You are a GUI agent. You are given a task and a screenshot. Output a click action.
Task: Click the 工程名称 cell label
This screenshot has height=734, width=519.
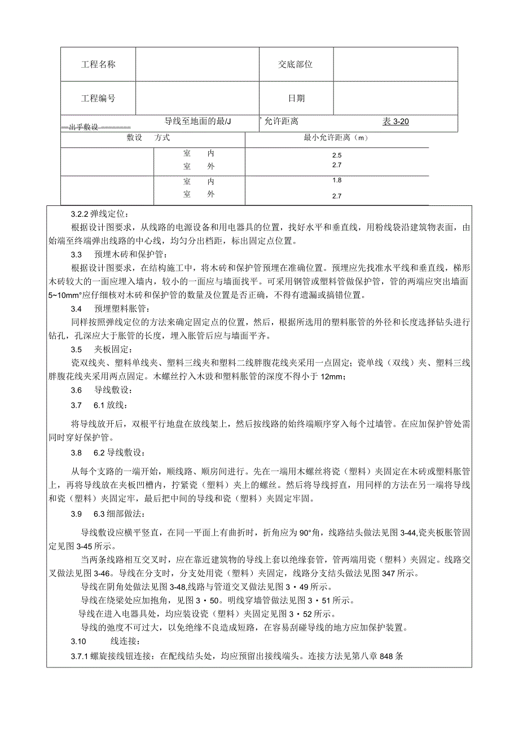(x=98, y=65)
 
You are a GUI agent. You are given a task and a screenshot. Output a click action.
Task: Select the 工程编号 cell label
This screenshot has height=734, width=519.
(x=98, y=99)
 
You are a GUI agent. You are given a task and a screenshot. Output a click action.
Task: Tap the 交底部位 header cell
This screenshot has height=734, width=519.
(x=295, y=65)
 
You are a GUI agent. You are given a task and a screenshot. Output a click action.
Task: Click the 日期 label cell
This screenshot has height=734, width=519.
(x=296, y=99)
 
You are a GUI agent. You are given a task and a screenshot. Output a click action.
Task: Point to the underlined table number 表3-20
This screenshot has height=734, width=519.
(x=396, y=121)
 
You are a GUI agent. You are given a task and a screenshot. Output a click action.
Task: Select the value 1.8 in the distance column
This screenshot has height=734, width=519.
(x=337, y=181)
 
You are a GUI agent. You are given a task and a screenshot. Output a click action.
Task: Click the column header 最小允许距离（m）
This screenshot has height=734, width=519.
(x=337, y=138)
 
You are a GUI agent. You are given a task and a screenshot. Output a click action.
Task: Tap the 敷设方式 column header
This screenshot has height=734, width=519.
(x=148, y=138)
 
